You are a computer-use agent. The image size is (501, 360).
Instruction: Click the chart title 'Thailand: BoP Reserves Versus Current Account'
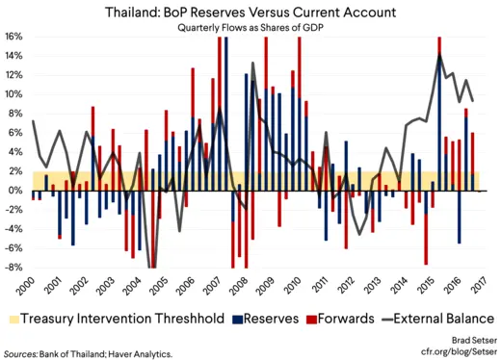[250, 12]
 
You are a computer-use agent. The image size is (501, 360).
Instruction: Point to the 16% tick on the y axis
[14, 37]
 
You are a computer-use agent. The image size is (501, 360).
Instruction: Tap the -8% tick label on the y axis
[14, 268]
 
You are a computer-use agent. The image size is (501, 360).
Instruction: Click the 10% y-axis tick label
[14, 94]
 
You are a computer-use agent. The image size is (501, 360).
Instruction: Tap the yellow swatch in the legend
[13, 317]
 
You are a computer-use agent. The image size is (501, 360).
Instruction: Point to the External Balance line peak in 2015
[439, 55]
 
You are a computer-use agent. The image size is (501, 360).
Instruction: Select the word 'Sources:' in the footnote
[21, 352]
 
